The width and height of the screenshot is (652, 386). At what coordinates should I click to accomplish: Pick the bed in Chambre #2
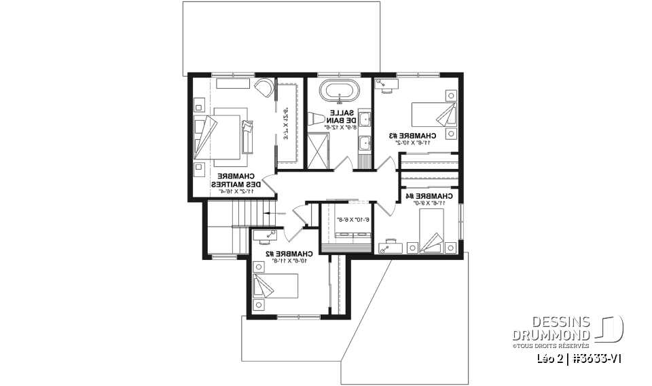[x=274, y=286]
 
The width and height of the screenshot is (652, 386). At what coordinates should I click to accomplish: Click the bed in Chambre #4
[x=430, y=229]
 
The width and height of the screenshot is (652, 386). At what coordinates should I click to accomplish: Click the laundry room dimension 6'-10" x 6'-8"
[x=352, y=220]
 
